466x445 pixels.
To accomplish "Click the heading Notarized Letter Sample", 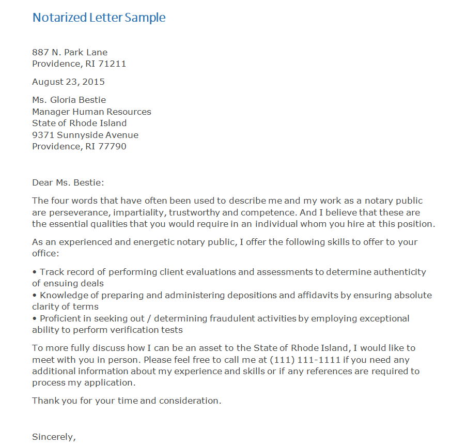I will click(99, 18).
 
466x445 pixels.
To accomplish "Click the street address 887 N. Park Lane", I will click(70, 52).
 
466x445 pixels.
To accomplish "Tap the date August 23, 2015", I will click(68, 82).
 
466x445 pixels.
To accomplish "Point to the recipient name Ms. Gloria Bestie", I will click(69, 100).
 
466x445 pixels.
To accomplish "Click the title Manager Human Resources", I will click(91, 112).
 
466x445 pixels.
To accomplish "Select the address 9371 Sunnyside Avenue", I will click(85, 135).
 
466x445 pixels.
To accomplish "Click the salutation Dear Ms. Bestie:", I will click(68, 182).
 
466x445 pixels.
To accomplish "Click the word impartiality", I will click(137, 213).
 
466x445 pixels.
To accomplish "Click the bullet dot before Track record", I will click(35, 272).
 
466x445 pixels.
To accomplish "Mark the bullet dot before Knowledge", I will click(35, 296).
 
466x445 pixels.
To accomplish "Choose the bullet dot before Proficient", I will click(35, 318).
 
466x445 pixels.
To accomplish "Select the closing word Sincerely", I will click(53, 437).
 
